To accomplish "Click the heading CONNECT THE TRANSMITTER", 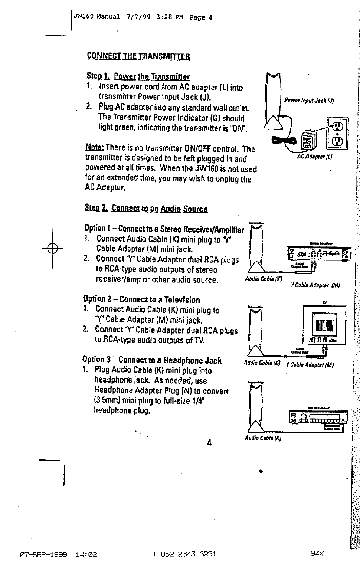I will pyautogui.click(x=138, y=56).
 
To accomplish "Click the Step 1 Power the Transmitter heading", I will pyautogui.click(x=138, y=77).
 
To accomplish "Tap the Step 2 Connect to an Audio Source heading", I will pyautogui.click(x=146, y=209).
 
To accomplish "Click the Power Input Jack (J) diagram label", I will pyautogui.click(x=310, y=101).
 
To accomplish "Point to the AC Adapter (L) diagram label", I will pyautogui.click(x=314, y=157).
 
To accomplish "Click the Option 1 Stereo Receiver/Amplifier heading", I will pyautogui.click(x=164, y=229).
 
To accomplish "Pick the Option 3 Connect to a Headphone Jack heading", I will pyautogui.click(x=152, y=360).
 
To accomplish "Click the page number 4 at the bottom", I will pyautogui.click(x=209, y=443).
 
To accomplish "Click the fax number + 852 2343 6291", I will pyautogui.click(x=184, y=554).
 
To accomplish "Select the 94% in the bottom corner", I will pyautogui.click(x=317, y=554).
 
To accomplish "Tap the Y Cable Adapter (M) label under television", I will pyautogui.click(x=310, y=365).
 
